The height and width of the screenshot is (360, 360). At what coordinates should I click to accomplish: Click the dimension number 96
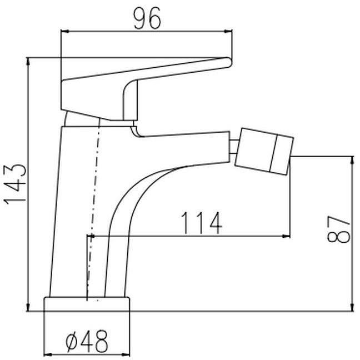pos(147,18)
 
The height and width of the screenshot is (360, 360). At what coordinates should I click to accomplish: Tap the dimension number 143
pos(15,184)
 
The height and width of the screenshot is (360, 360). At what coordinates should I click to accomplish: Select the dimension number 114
pos(202,223)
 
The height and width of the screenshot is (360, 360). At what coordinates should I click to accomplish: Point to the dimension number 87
pos(339,229)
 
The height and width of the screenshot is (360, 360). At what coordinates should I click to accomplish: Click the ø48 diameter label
pos(87,342)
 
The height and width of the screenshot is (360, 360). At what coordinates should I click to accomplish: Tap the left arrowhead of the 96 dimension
pos(64,32)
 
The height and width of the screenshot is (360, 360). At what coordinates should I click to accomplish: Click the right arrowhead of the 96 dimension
pos(228,32)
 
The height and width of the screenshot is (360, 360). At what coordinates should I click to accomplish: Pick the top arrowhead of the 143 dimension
pos(28,61)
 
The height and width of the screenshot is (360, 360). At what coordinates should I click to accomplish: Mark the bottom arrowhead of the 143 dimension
pos(28,307)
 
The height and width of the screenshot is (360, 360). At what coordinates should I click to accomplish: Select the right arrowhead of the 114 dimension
pos(286,236)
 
